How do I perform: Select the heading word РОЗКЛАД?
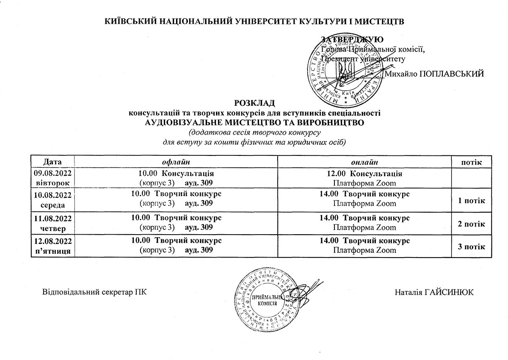pos(254,103)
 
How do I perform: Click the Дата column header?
pos(53,162)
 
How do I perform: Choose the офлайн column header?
pos(176,162)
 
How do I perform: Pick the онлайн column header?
pos(364,162)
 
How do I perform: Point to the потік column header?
pos(471,162)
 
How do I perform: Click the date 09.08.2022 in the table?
pos(53,173)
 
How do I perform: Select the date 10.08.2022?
pos(53,195)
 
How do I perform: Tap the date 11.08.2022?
pos(53,218)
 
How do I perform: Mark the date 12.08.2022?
pos(53,241)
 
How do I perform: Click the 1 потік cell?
pos(471,200)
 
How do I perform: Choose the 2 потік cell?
pos(471,224)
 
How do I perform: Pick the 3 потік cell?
pos(471,246)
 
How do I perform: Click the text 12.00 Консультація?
pos(364,174)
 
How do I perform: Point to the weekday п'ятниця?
pos(53,251)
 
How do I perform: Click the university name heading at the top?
pos(254,21)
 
